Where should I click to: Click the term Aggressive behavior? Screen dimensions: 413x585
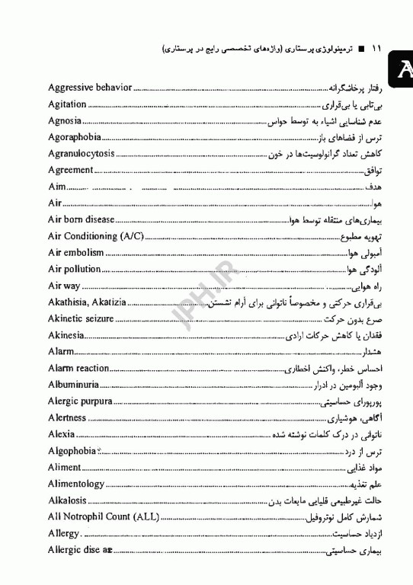(x=90, y=88)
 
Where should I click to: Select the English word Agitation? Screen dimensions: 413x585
(x=67, y=104)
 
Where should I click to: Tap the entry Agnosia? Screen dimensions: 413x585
(x=64, y=121)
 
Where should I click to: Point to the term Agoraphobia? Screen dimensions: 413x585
(x=73, y=138)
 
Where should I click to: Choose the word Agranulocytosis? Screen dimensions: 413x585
(x=82, y=154)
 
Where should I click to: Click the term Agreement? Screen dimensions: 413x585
(x=70, y=170)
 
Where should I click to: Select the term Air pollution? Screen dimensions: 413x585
(x=74, y=269)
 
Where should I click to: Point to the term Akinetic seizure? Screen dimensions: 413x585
(x=81, y=318)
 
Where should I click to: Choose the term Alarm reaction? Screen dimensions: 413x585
(x=78, y=368)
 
